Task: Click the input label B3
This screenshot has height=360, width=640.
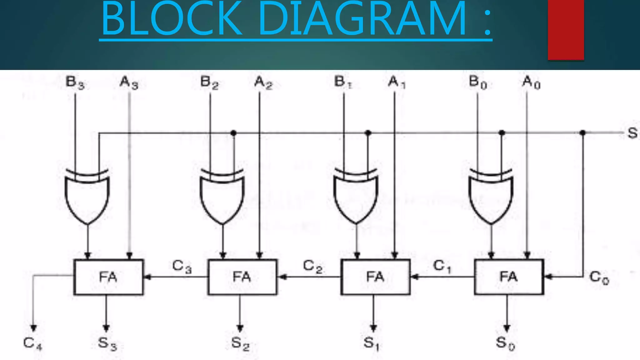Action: [75, 83]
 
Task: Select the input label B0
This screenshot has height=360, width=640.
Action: [478, 83]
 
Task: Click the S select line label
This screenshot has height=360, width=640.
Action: [632, 133]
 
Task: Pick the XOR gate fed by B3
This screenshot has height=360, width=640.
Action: [87, 197]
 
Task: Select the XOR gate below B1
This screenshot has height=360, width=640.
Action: [356, 197]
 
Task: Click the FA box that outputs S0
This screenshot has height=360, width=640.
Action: [509, 277]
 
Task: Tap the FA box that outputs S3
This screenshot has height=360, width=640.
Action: [108, 277]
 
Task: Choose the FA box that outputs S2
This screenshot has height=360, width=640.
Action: [242, 277]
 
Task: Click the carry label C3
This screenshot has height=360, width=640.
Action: [182, 267]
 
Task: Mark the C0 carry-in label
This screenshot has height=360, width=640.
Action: [599, 277]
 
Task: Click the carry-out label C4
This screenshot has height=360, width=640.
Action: [32, 343]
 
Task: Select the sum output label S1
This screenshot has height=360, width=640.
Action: [372, 343]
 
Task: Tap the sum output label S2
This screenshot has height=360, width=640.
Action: [240, 343]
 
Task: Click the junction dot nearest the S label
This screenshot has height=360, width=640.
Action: [582, 133]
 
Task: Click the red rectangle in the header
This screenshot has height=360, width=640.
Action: [566, 30]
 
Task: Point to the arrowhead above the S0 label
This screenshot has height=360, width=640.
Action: [507, 328]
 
